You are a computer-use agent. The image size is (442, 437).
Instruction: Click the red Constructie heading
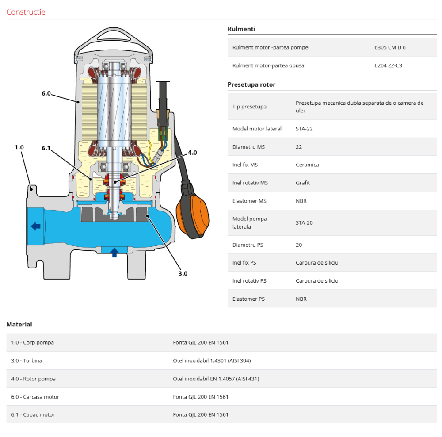click(26, 12)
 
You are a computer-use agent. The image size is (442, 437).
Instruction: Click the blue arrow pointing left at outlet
click(35, 226)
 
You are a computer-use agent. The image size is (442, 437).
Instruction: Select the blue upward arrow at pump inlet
click(114, 252)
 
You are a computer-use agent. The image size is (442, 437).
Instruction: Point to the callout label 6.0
click(46, 94)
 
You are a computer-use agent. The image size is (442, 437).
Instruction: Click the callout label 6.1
click(46, 148)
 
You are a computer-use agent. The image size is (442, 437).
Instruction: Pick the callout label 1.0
click(19, 147)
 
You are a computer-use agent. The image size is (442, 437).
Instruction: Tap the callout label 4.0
click(192, 153)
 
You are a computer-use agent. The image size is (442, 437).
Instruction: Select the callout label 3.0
click(183, 273)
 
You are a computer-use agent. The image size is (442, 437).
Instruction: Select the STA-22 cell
click(304, 129)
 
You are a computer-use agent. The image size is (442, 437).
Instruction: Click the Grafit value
click(303, 183)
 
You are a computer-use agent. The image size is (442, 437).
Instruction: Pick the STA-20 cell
click(304, 222)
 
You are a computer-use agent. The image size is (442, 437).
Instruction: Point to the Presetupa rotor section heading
click(251, 84)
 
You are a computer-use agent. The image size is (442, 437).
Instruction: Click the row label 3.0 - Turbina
click(27, 360)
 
